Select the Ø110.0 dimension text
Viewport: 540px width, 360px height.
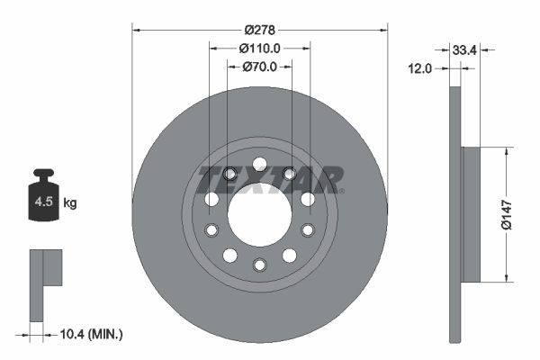[259, 49]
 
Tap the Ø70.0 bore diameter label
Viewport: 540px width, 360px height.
[259, 67]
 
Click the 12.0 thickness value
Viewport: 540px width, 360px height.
[421, 67]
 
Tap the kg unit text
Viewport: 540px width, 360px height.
[70, 203]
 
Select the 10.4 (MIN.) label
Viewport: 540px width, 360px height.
[90, 334]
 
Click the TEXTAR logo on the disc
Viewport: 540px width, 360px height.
[270, 178]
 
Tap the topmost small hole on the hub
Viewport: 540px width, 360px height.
[259, 164]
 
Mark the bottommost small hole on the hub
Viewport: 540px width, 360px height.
[259, 264]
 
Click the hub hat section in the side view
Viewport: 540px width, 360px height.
[471, 213]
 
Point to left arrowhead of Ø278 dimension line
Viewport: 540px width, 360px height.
[137, 29]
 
